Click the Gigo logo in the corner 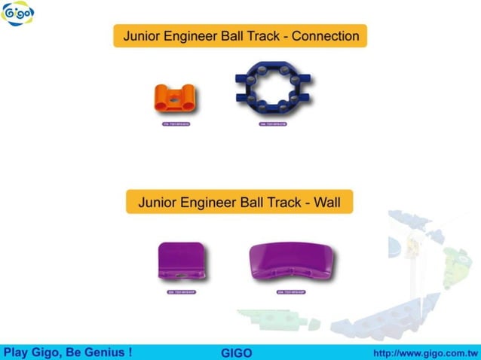(x=17, y=14)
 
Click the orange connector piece (x=175, y=98)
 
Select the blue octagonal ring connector (x=272, y=92)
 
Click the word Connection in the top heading (x=325, y=35)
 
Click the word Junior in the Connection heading (x=142, y=35)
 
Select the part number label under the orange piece (x=176, y=125)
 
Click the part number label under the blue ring (x=273, y=125)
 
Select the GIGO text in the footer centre (x=237, y=352)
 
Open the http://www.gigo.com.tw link (x=426, y=352)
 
